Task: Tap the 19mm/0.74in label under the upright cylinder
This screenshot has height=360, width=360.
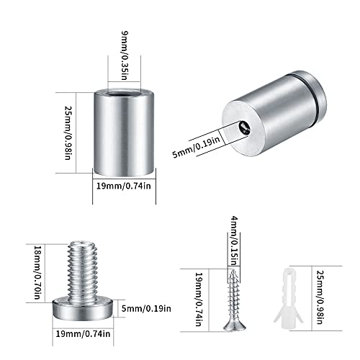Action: click(125, 186)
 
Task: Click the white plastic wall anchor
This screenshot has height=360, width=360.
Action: click(289, 297)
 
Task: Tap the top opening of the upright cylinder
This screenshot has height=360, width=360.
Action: click(123, 92)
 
